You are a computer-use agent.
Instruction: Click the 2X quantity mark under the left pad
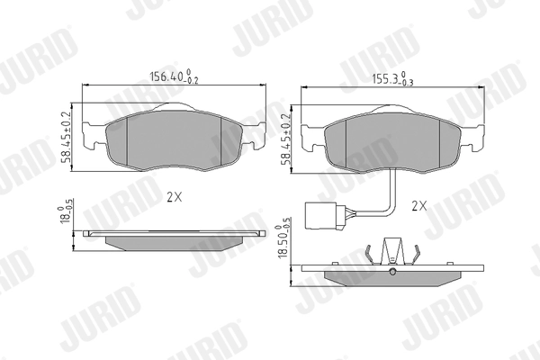click(x=175, y=195)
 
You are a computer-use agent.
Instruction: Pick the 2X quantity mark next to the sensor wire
click(x=418, y=205)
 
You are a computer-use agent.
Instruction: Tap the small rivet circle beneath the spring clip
click(x=392, y=271)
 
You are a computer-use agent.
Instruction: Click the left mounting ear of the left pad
click(x=92, y=137)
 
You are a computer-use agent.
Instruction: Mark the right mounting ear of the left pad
click(x=258, y=137)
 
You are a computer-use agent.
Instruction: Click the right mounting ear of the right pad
click(x=474, y=137)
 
